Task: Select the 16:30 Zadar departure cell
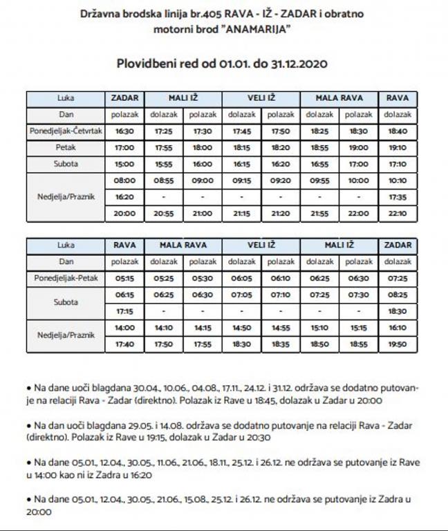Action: (x=124, y=131)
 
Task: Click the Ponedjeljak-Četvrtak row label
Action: (x=67, y=131)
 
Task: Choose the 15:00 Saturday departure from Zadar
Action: (x=124, y=164)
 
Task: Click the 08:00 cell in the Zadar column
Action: (x=124, y=180)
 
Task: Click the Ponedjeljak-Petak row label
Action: (x=67, y=278)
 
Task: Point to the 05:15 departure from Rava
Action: (x=124, y=278)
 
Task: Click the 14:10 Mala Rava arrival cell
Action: (x=164, y=328)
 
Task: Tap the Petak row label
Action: (x=67, y=147)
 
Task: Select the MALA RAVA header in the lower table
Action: (x=183, y=245)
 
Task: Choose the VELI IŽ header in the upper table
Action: (x=261, y=97)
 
